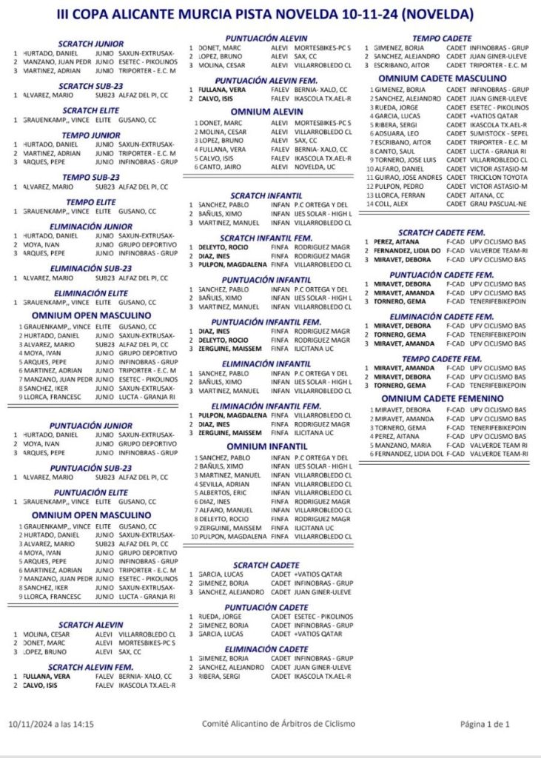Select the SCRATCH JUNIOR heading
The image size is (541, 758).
[x=91, y=44]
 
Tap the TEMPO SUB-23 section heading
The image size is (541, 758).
[x=91, y=177]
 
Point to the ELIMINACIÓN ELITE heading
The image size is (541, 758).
[x=91, y=292]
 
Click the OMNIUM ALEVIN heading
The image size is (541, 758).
[x=266, y=112]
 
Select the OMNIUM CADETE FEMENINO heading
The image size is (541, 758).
[x=443, y=398]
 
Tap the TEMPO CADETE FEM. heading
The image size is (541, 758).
[x=443, y=358]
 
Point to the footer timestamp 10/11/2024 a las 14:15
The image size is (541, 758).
[x=51, y=724]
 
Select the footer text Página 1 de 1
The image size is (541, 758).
[x=485, y=724]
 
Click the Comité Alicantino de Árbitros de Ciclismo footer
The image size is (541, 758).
[x=278, y=724]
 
